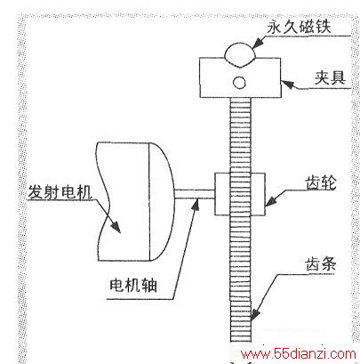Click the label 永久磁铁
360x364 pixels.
point(299,27)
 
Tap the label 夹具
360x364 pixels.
point(330,78)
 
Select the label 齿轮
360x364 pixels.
point(321,182)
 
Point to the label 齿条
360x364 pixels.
point(321,263)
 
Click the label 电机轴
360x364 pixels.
point(133,286)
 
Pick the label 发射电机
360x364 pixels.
point(60,192)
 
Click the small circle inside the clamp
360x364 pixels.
point(239,83)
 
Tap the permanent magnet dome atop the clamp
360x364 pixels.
point(240,55)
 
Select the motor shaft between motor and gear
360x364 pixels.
point(195,194)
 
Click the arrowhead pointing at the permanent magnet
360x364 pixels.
point(258,43)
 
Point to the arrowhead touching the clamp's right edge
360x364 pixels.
point(288,85)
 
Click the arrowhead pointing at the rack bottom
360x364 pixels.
point(255,314)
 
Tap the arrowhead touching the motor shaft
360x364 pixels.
point(196,205)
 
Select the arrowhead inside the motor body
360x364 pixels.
point(116,227)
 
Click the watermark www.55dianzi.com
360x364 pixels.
point(299,354)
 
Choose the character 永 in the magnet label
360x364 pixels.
point(275,27)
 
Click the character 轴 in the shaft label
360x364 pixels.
point(149,286)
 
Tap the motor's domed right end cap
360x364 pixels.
point(162,202)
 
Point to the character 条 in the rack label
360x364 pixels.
point(328,263)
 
